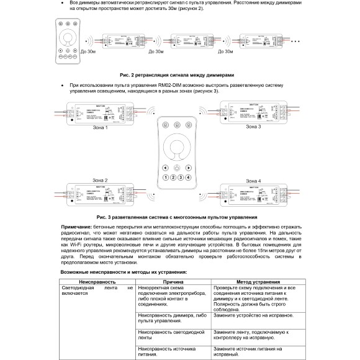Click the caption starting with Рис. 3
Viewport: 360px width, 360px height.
[177, 217]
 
